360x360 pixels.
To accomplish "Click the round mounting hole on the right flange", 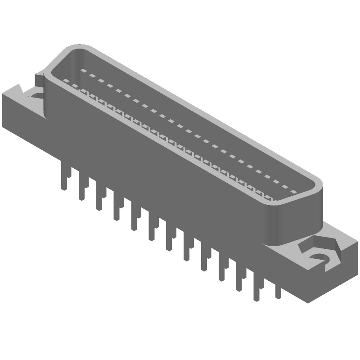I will [x=320, y=257].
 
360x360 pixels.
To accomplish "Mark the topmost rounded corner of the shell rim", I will [x=74, y=48].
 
